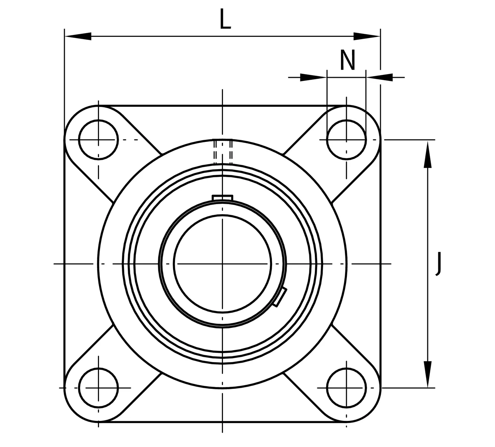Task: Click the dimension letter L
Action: (x=226, y=19)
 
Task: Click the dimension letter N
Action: (x=348, y=60)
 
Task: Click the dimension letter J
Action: (x=439, y=264)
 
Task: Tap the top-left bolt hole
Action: (x=98, y=139)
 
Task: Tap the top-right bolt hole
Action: (x=346, y=139)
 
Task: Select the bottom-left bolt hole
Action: (x=98, y=387)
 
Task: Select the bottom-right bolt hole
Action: (x=346, y=387)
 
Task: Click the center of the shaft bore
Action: (x=222, y=264)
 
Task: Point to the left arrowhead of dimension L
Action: (x=78, y=36)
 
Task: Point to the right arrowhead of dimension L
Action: (x=367, y=36)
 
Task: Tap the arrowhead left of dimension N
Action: (x=313, y=77)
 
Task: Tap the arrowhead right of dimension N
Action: (x=380, y=77)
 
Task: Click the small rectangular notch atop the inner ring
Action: (x=222, y=197)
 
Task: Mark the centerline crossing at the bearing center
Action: (x=222, y=264)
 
